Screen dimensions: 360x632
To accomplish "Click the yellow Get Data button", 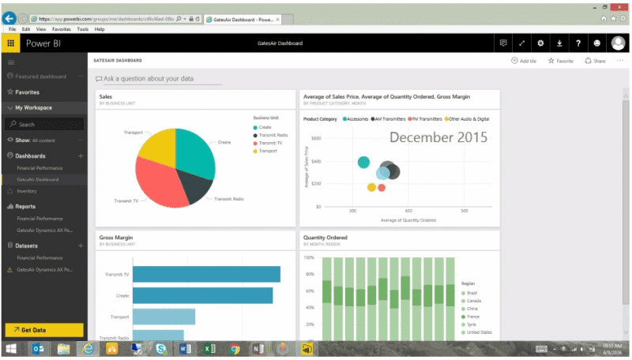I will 43,330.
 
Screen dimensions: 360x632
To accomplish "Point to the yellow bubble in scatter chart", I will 371,187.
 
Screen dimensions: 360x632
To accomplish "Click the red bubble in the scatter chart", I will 382,187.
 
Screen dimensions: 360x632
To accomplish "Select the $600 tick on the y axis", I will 315,138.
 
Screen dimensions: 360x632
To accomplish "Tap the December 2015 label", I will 438,137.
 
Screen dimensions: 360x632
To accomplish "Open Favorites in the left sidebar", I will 27,92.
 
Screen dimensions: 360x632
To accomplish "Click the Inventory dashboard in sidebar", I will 27,190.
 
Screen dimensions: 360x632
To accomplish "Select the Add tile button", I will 525,60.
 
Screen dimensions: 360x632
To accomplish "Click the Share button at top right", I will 595,60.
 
